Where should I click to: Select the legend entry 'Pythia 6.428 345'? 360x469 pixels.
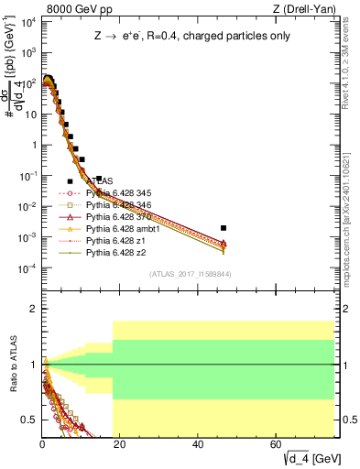click(118, 193)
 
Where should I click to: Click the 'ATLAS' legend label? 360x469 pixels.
click(100, 181)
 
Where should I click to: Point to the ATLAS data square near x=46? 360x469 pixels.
click(224, 227)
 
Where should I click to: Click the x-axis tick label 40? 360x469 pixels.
click(199, 444)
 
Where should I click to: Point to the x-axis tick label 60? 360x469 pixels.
click(277, 444)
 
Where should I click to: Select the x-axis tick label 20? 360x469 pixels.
click(120, 444)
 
